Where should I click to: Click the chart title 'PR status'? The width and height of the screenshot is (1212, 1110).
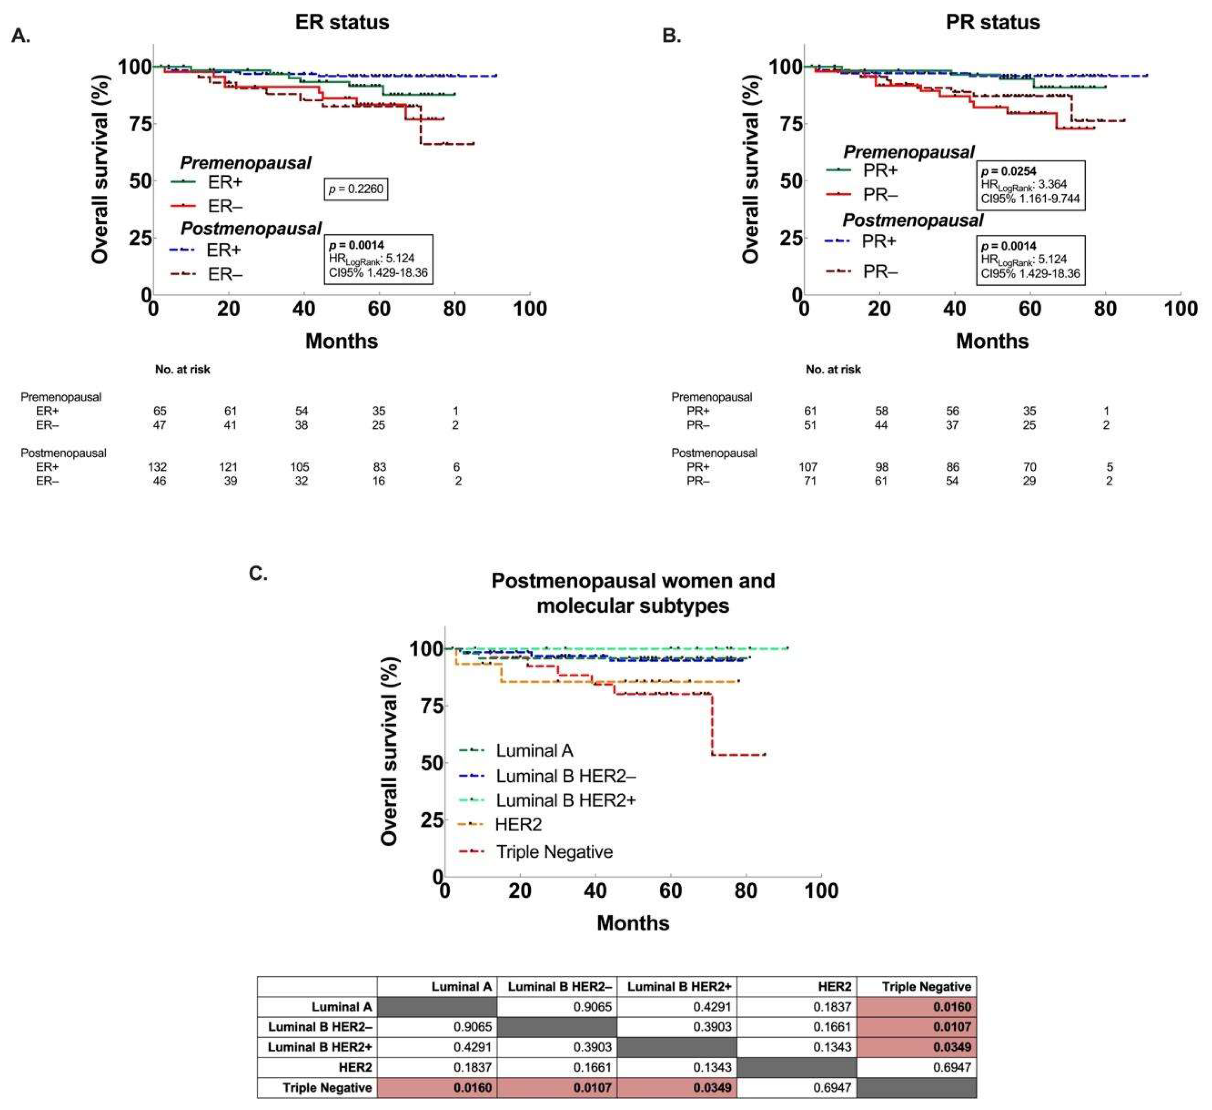coord(992,22)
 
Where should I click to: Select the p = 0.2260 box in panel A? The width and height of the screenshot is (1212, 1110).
coord(355,189)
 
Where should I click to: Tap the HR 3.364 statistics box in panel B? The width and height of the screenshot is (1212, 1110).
coord(1030,185)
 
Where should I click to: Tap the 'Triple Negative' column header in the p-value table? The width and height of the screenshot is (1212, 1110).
coord(926,987)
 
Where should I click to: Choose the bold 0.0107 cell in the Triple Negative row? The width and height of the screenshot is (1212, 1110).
coord(592,1088)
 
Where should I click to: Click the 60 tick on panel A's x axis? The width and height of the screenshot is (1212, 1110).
coord(379,309)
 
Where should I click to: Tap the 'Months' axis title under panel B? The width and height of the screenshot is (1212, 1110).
coord(992,341)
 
